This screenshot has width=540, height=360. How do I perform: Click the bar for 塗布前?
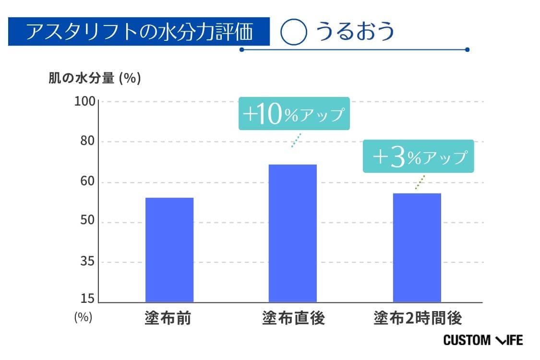pos(169,250)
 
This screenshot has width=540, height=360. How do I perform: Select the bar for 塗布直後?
pos(292,233)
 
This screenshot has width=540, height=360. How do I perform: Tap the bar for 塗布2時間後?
pos(417,248)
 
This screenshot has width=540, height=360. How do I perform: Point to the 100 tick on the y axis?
pos(85,102)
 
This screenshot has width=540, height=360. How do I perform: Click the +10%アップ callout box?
pos(294,114)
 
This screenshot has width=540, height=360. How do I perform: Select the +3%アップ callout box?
pos(418,156)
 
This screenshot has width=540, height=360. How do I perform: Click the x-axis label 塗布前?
pos(168,318)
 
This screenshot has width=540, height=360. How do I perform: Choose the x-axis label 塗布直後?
pos(293,318)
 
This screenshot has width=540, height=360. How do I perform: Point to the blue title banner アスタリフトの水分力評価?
pos(139,32)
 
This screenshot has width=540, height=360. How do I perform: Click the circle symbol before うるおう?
pos(293,32)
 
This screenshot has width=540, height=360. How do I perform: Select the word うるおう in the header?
pos(355,32)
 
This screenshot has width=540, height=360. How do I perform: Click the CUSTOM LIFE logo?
pos(483,340)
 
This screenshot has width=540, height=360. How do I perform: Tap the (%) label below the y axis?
pos(83,317)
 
